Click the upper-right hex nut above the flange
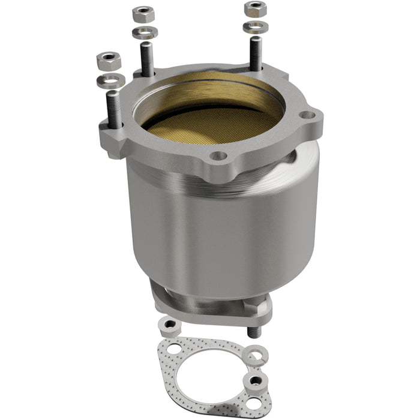[x=255, y=8]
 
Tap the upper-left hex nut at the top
[x=143, y=13]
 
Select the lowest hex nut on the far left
[x=109, y=60]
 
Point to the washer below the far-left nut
[x=111, y=80]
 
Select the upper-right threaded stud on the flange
[x=256, y=53]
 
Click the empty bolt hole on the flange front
[x=219, y=156]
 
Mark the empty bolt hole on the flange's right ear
[x=307, y=115]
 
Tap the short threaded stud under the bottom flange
[x=253, y=331]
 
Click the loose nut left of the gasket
[x=169, y=325]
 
